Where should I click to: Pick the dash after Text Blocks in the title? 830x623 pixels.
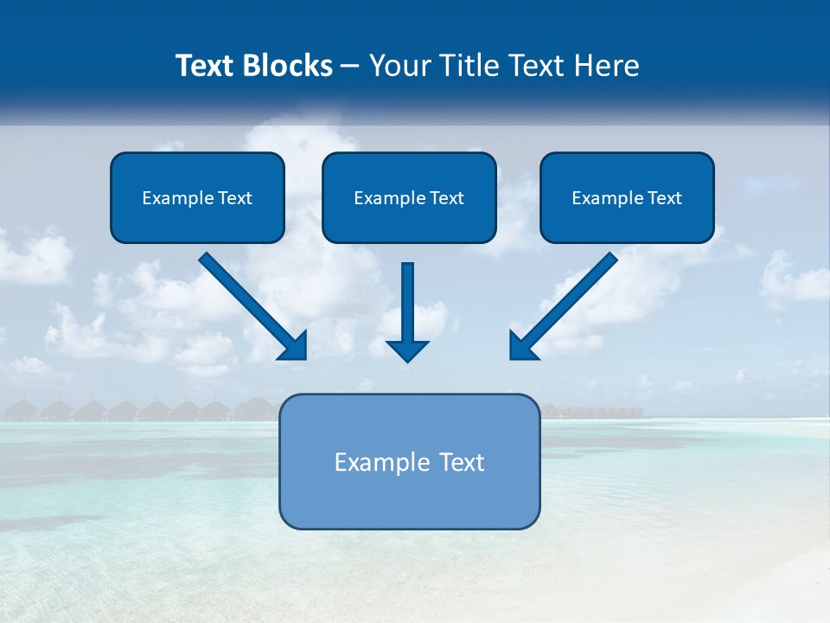(x=350, y=67)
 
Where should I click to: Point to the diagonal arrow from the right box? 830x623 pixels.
(x=571, y=299)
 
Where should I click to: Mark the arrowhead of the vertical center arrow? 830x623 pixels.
(x=407, y=350)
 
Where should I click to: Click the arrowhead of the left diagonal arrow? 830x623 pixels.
(x=294, y=346)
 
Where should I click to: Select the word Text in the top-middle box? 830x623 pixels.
(x=446, y=198)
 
